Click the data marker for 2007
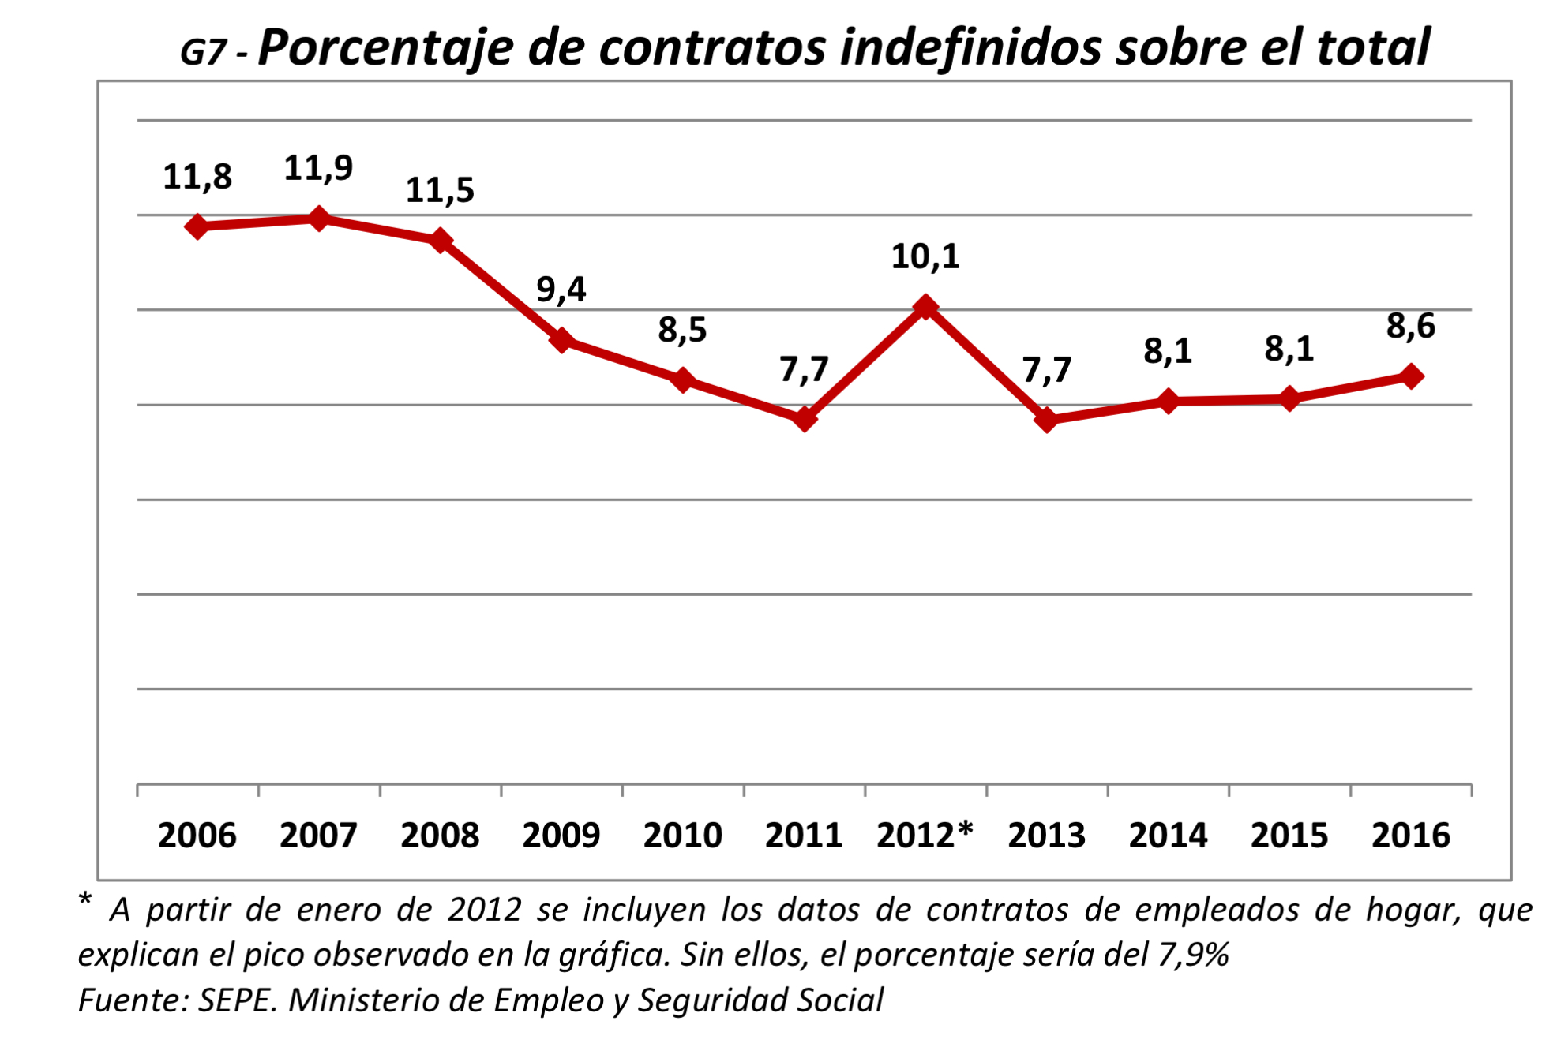coord(319,219)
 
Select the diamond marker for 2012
coord(925,307)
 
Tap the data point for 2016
coord(1411,376)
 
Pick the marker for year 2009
coord(561,340)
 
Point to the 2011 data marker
coord(804,419)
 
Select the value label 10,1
coord(925,257)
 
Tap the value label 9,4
coord(561,290)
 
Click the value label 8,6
coord(1411,327)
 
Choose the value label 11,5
coord(440,191)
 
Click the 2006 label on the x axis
coord(197,836)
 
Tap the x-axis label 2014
coord(1169,836)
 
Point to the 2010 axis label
coord(683,836)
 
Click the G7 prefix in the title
coord(204,53)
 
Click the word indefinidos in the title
coord(970,47)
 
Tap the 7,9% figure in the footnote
coord(1194,955)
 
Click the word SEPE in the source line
coord(237,1000)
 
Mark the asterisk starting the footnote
coord(85,901)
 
